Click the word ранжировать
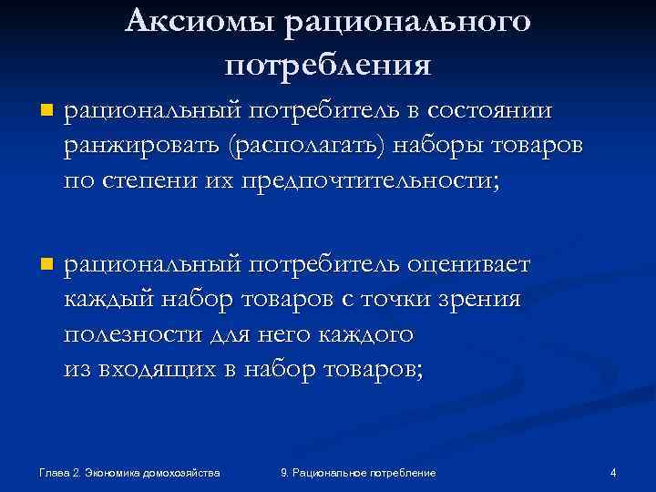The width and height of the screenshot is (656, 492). coord(144,146)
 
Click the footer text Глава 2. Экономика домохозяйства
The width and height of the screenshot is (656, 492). coord(130,473)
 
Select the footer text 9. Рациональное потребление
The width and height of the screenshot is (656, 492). coord(358,473)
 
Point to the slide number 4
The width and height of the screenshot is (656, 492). coord(613,472)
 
